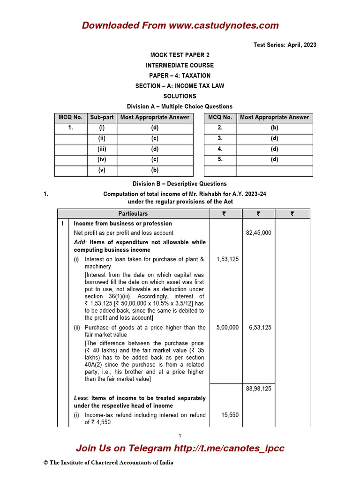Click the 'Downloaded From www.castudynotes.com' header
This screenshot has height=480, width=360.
pos(180,25)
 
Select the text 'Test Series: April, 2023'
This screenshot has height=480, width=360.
pos(285,45)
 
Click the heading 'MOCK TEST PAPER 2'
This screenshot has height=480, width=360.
pos(180,55)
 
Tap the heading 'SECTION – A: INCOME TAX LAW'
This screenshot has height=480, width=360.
pos(180,86)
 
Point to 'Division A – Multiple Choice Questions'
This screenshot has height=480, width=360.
pos(180,106)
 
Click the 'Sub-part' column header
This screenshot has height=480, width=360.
pos(102,117)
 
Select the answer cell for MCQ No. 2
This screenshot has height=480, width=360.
pos(274,127)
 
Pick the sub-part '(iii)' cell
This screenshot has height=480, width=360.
pos(102,149)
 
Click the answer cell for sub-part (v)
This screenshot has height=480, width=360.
pos(155,170)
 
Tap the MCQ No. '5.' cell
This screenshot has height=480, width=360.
pos(220,159)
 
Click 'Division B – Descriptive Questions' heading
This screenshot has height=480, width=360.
pos(180,184)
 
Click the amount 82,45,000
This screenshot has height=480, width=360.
pos(258,232)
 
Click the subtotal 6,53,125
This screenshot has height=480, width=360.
pos(258,328)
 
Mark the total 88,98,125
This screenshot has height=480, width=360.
pos(258,389)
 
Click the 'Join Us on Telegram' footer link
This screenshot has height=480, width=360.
pos(180,448)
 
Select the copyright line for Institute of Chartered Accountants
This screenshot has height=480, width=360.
pos(108,463)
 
